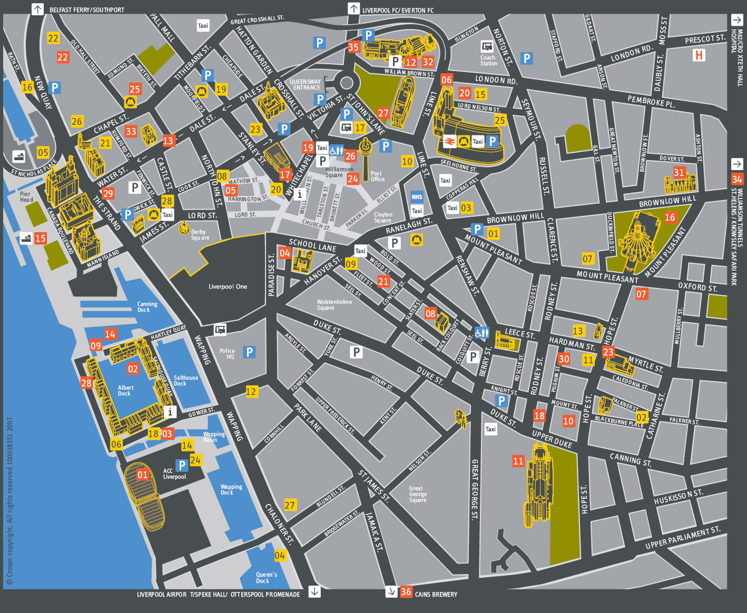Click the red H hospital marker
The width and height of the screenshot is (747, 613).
699,55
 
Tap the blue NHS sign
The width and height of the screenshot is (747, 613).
417,197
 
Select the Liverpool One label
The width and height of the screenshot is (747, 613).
228,286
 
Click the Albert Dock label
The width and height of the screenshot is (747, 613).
125,390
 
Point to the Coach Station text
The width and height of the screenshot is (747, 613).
488,61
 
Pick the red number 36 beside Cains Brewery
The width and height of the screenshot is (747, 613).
406,591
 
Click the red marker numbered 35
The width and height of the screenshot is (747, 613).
353,47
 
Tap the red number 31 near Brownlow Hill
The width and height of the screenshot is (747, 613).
679,172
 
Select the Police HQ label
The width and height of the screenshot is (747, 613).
227,353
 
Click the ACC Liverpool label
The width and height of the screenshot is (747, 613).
174,474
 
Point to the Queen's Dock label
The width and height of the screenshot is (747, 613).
266,578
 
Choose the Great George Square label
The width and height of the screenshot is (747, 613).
418,494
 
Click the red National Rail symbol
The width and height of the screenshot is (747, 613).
449,141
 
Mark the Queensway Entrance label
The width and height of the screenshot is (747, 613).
306,85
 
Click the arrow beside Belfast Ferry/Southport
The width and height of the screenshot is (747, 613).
37,9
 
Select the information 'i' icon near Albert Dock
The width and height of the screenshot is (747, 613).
170,412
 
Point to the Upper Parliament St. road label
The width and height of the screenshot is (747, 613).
682,538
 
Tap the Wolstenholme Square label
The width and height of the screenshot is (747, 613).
334,304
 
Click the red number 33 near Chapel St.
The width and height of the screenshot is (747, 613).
131,132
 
